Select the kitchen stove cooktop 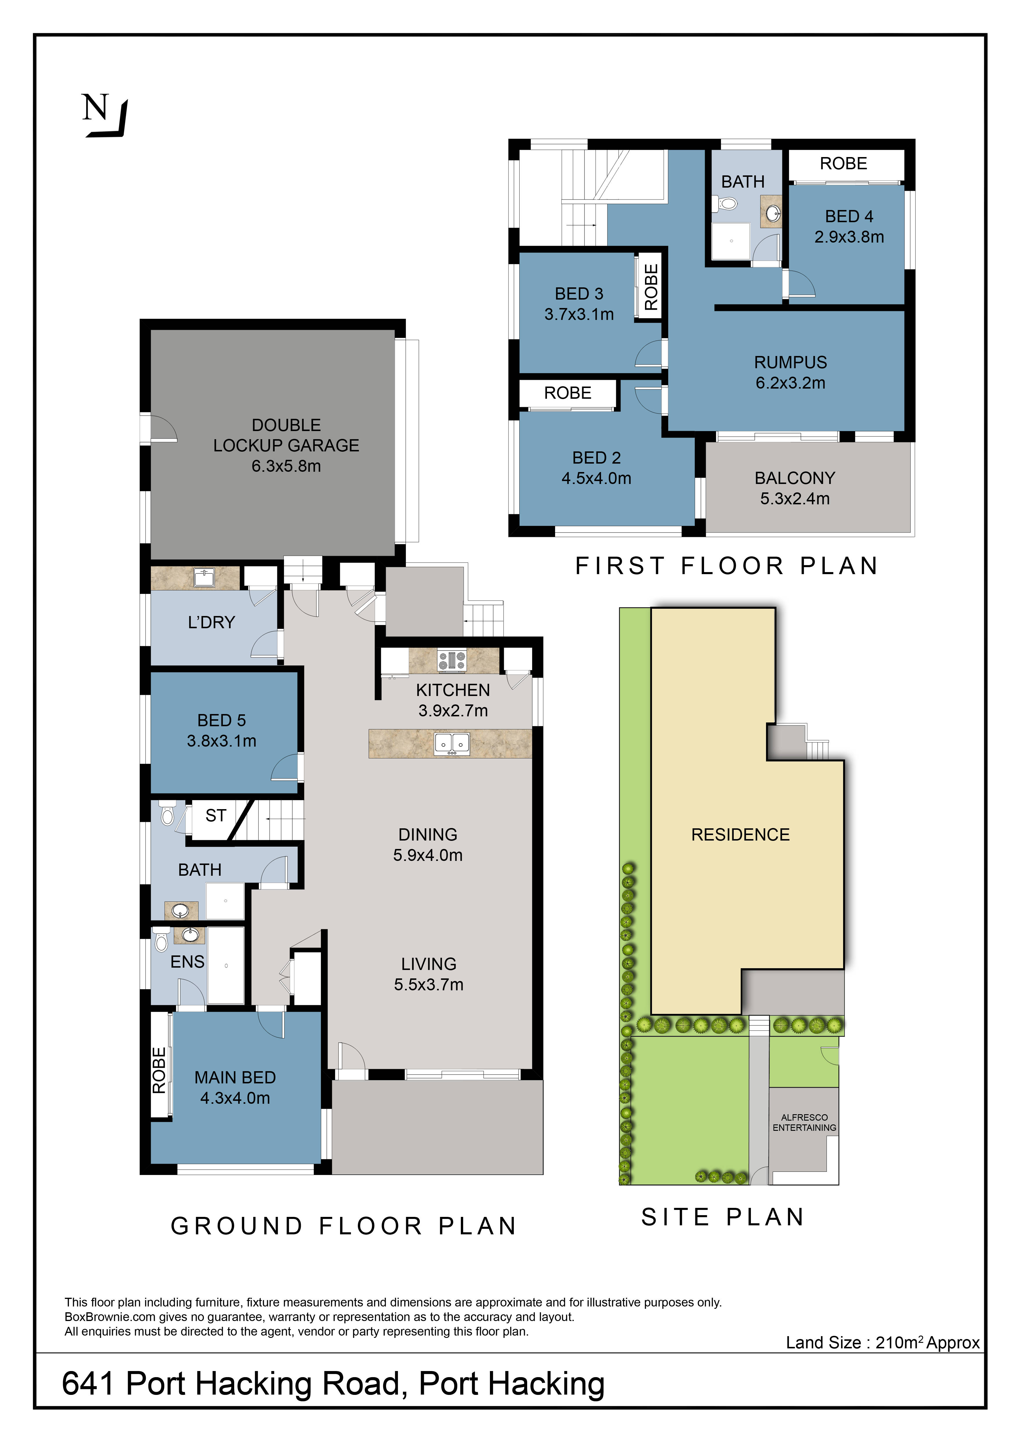tap(452, 660)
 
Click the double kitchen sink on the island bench tap(452, 744)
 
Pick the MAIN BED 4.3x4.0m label tap(235, 1088)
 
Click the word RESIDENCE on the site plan tap(740, 835)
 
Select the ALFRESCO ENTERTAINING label tap(805, 1122)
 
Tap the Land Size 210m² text tap(882, 1343)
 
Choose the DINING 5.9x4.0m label tap(428, 845)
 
